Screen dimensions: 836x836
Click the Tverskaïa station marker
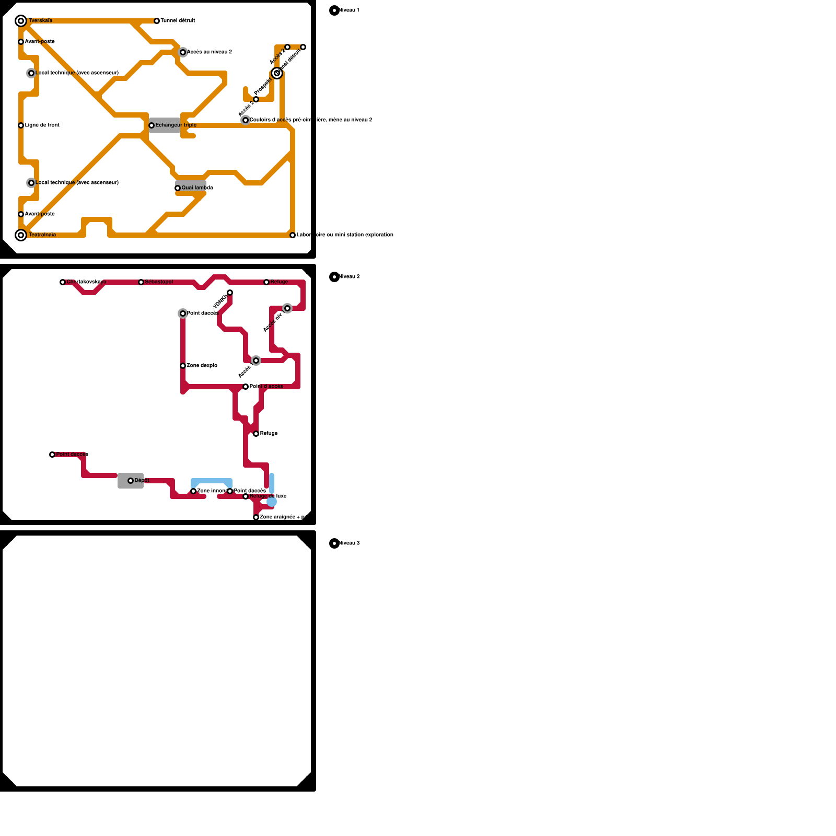pyautogui.click(x=21, y=21)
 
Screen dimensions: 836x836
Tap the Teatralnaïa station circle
pyautogui.click(x=21, y=235)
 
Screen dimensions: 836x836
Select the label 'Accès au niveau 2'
pyautogui.click(x=209, y=52)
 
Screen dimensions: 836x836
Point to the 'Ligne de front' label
pyautogui.click(x=42, y=125)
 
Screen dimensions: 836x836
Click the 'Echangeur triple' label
pyautogui.click(x=176, y=125)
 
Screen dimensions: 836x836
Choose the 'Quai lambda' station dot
pyautogui.click(x=178, y=188)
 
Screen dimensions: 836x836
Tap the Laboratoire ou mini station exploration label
pyautogui.click(x=345, y=235)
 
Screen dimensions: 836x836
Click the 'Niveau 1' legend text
pyautogui.click(x=349, y=10)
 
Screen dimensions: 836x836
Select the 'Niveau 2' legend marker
pyautogui.click(x=334, y=277)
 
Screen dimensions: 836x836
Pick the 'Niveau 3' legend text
pyautogui.click(x=349, y=543)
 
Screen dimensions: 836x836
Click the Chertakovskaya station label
pyautogui.click(x=86, y=282)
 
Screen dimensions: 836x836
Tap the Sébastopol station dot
pyautogui.click(x=141, y=282)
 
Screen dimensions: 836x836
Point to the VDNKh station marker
pyautogui.click(x=230, y=293)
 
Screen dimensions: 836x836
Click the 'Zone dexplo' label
pyautogui.click(x=202, y=366)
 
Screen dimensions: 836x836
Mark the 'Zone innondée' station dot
pyautogui.click(x=193, y=491)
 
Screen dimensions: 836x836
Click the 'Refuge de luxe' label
pyautogui.click(x=268, y=496)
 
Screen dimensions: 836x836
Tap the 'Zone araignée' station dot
pyautogui.click(x=256, y=517)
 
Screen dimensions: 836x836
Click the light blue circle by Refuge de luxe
pyautogui.click(x=272, y=502)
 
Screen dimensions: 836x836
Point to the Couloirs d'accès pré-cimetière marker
pyautogui.click(x=246, y=120)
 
